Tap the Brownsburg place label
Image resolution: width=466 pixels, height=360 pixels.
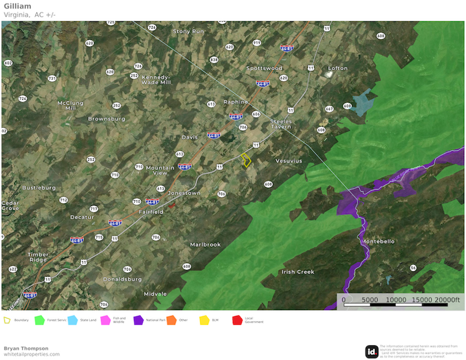coord(106,119)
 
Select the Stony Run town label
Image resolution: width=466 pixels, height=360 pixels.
coord(189,31)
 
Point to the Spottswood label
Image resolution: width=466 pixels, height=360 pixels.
coord(264,68)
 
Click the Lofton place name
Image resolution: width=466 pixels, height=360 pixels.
coord(338,68)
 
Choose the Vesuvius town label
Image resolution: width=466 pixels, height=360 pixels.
coord(288,161)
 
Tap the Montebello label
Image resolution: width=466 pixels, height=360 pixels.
coord(378,241)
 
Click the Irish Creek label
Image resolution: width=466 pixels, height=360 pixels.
coord(298,272)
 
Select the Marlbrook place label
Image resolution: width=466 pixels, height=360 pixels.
coord(205,245)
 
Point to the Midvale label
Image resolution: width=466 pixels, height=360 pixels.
coord(155,294)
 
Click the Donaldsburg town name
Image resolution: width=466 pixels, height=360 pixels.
coord(122,279)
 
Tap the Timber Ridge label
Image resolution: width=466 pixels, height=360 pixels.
coord(38,257)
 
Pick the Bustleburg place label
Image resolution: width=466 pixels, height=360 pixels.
coord(39,187)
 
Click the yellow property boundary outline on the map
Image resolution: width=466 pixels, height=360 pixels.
coord(246,160)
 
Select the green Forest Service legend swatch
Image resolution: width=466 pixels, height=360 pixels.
coord(40,320)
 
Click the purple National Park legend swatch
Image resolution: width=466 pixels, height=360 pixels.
coord(138,320)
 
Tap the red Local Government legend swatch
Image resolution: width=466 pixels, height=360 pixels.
coord(237,320)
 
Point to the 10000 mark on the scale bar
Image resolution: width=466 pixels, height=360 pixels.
coord(395,299)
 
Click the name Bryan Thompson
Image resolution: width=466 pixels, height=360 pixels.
coord(26,348)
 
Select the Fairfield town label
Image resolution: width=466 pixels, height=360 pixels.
coord(151,212)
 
